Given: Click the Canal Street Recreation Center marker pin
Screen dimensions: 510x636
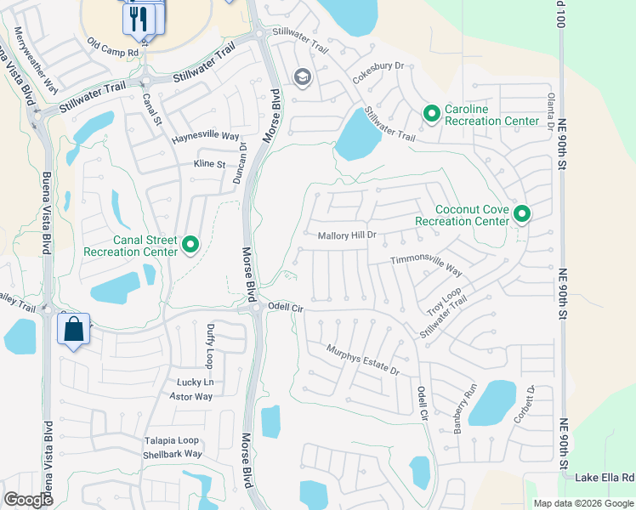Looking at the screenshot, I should tap(190, 246).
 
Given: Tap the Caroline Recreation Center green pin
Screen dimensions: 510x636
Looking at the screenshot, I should tap(431, 113).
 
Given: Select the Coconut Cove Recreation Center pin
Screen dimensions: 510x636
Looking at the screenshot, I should tap(520, 214).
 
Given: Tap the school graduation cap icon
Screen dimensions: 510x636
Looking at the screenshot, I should tap(302, 78).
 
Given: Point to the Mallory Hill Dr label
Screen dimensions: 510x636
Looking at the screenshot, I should tap(346, 236).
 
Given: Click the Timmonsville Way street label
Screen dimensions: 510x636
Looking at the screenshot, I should tap(426, 267).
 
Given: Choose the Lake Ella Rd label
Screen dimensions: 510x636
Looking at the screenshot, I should tap(605, 478).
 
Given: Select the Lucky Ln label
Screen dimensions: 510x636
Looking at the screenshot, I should tap(195, 382).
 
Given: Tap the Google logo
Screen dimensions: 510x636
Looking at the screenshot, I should tap(28, 499).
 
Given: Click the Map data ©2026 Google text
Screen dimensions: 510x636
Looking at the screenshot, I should tap(582, 503).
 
